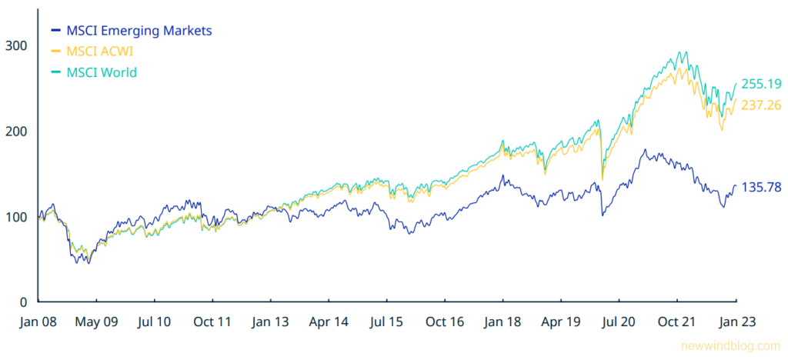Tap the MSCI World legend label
[x=102, y=72]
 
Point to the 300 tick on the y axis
[x=17, y=45]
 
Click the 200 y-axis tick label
[x=17, y=131]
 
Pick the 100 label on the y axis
[x=17, y=217]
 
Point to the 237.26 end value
[x=760, y=105]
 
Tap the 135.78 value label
[x=760, y=186]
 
